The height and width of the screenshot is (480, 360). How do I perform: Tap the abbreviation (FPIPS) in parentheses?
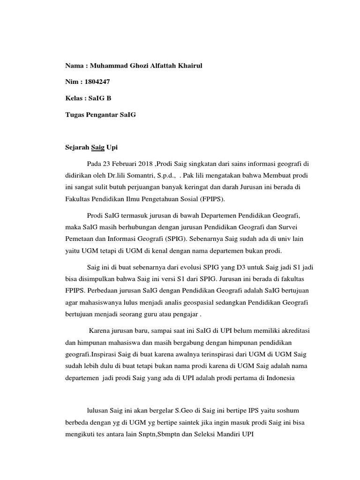tap(210, 198)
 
